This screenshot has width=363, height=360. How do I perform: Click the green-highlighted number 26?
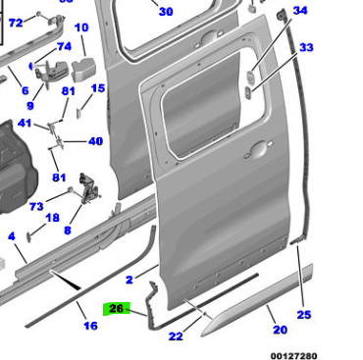pyautogui.click(x=117, y=309)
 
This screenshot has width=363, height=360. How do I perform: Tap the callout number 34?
pyautogui.click(x=300, y=11)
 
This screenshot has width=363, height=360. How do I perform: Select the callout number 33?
pyautogui.click(x=306, y=47)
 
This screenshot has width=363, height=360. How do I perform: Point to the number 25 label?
pyautogui.click(x=304, y=315)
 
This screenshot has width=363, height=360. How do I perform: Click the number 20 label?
pyautogui.click(x=280, y=330)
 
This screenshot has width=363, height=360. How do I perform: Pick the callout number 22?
pyautogui.click(x=176, y=335)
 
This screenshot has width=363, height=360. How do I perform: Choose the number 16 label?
pyautogui.click(x=90, y=326)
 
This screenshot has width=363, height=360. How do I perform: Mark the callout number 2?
pyautogui.click(x=130, y=280)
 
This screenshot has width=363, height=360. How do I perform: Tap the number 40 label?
pyautogui.click(x=95, y=141)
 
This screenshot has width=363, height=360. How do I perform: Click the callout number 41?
pyautogui.click(x=25, y=124)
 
